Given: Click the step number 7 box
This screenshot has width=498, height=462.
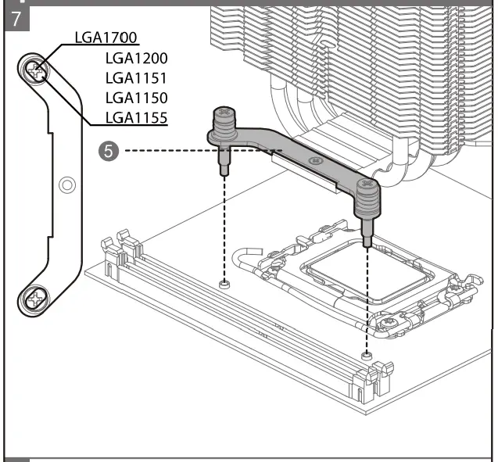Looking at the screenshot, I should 16,18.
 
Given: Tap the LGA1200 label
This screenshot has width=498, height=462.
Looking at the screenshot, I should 136,59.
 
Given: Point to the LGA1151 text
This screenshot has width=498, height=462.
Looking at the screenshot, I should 136,78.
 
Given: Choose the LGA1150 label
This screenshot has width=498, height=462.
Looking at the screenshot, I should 136,98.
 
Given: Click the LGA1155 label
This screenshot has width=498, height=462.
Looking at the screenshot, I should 136,118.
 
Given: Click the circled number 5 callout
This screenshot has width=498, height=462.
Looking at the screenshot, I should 109,150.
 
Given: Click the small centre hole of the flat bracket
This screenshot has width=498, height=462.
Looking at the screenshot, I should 67,185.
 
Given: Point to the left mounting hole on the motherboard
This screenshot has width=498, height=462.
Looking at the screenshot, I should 224,284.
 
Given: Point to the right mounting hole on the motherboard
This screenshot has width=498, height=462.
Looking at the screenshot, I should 366,356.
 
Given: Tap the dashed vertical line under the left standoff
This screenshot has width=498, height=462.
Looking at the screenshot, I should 224,227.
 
